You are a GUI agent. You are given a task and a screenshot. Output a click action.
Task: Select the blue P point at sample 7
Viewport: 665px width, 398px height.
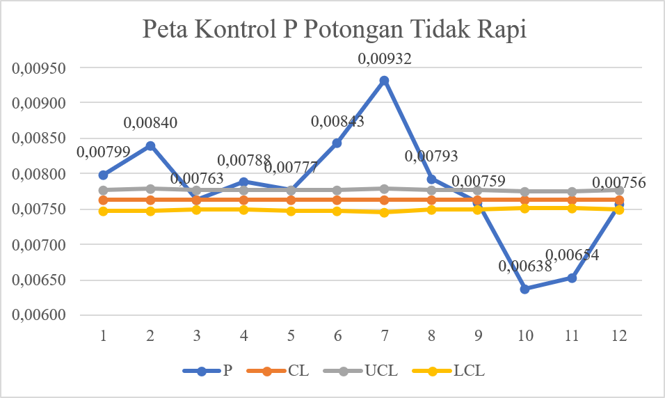[384, 81]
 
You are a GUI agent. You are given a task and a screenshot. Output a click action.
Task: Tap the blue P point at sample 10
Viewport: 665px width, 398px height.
[525, 289]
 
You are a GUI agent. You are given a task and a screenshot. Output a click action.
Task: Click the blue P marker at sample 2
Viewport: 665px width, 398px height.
[150, 145]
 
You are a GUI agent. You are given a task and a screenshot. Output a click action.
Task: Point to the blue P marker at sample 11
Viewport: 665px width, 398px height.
[572, 278]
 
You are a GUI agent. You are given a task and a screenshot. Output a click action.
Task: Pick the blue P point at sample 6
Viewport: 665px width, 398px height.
[337, 143]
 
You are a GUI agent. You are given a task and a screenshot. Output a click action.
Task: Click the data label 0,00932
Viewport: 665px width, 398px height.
[385, 59]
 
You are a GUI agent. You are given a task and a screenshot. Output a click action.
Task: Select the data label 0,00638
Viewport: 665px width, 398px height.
[525, 266]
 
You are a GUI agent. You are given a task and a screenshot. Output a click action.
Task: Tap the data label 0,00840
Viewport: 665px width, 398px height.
[150, 123]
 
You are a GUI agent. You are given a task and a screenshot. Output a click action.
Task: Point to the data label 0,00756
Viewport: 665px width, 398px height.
[619, 183]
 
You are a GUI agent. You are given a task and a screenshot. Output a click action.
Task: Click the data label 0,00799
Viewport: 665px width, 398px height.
[103, 152]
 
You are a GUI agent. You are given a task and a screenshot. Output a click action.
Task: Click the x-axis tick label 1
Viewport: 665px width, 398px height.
[103, 335]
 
